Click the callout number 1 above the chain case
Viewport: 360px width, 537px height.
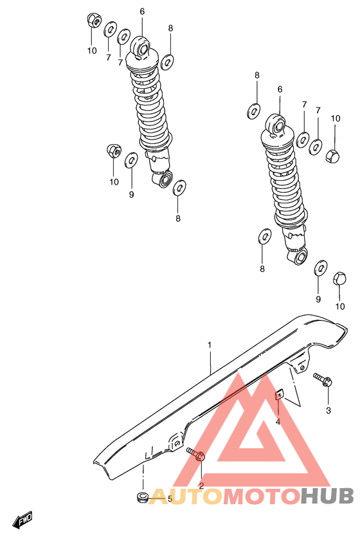[x=209, y=345]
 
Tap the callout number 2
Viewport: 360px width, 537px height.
[x=201, y=486]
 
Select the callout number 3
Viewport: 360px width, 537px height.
[x=328, y=410]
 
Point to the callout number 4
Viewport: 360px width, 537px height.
[x=278, y=422]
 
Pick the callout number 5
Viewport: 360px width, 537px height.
[x=170, y=498]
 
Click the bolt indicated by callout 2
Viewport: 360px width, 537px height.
[x=197, y=455]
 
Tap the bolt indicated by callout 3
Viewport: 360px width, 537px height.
[x=322, y=379]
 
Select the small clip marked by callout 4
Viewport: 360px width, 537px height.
[x=280, y=396]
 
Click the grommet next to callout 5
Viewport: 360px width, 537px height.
[x=143, y=496]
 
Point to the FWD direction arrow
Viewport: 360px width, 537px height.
[x=24, y=520]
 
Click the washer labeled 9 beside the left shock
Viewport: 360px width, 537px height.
[x=130, y=159]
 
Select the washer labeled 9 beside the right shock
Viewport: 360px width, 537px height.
[x=319, y=268]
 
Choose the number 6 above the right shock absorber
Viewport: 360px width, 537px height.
[x=280, y=89]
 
